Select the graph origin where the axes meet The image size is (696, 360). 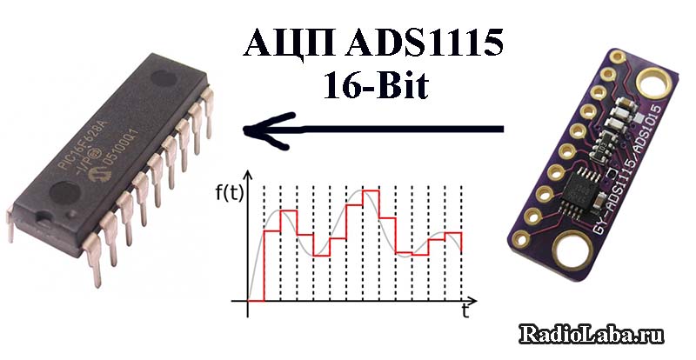(249, 301)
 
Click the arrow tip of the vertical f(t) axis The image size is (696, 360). (249, 175)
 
